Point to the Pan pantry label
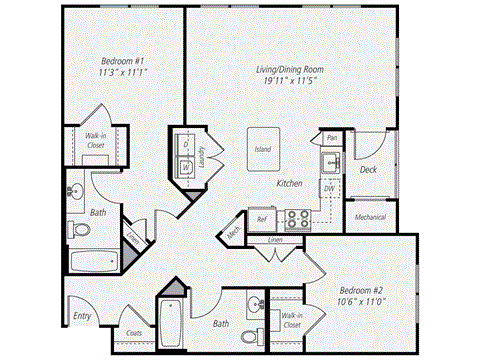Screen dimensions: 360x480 (330, 138)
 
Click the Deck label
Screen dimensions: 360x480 (368, 170)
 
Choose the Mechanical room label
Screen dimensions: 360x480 (371, 216)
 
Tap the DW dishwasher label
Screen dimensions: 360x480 (329, 188)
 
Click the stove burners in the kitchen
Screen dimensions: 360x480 (297, 217)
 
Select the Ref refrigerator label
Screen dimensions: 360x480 (262, 217)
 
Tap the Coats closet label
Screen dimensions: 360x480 (132, 333)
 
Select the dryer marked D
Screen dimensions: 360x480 (186, 144)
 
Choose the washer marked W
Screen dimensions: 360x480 (186, 166)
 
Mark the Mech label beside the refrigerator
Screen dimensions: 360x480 (233, 232)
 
